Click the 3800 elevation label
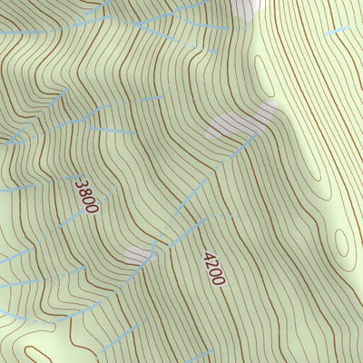87,196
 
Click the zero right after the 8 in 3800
89,200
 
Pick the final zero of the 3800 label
92,208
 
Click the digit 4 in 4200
208,256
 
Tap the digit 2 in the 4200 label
211,264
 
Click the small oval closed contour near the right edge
342,242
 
